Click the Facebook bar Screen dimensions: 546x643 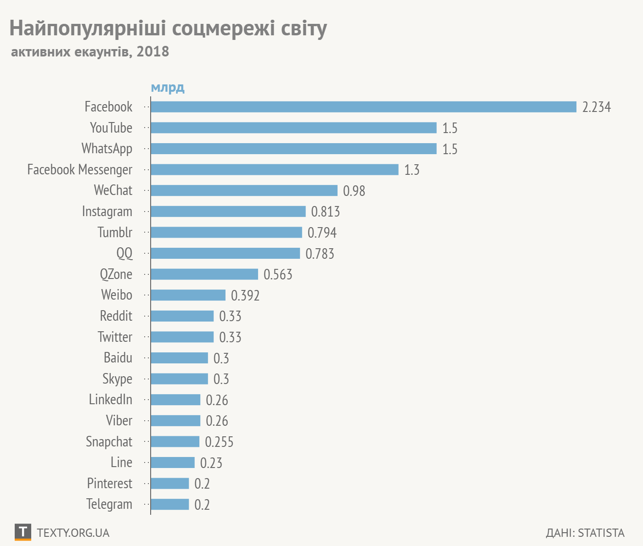(363, 107)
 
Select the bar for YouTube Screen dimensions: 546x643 (293, 128)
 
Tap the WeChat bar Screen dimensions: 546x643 (244, 190)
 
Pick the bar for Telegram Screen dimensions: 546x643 (169, 504)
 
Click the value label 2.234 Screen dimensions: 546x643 (596, 107)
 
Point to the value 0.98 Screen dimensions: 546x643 (354, 191)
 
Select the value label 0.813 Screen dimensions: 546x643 (325, 212)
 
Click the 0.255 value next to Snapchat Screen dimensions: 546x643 (219, 442)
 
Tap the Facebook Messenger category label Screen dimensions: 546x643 (79, 170)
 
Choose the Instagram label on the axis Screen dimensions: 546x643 (107, 212)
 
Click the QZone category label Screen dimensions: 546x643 (116, 274)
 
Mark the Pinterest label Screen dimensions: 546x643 (109, 484)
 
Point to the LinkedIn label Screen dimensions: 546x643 (110, 400)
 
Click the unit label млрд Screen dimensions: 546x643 (168, 87)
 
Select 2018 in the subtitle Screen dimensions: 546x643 (152, 51)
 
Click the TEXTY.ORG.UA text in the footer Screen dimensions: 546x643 (73, 533)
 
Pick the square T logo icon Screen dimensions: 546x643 (23, 532)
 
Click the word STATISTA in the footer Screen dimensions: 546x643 (601, 533)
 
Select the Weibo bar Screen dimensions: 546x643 (188, 295)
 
